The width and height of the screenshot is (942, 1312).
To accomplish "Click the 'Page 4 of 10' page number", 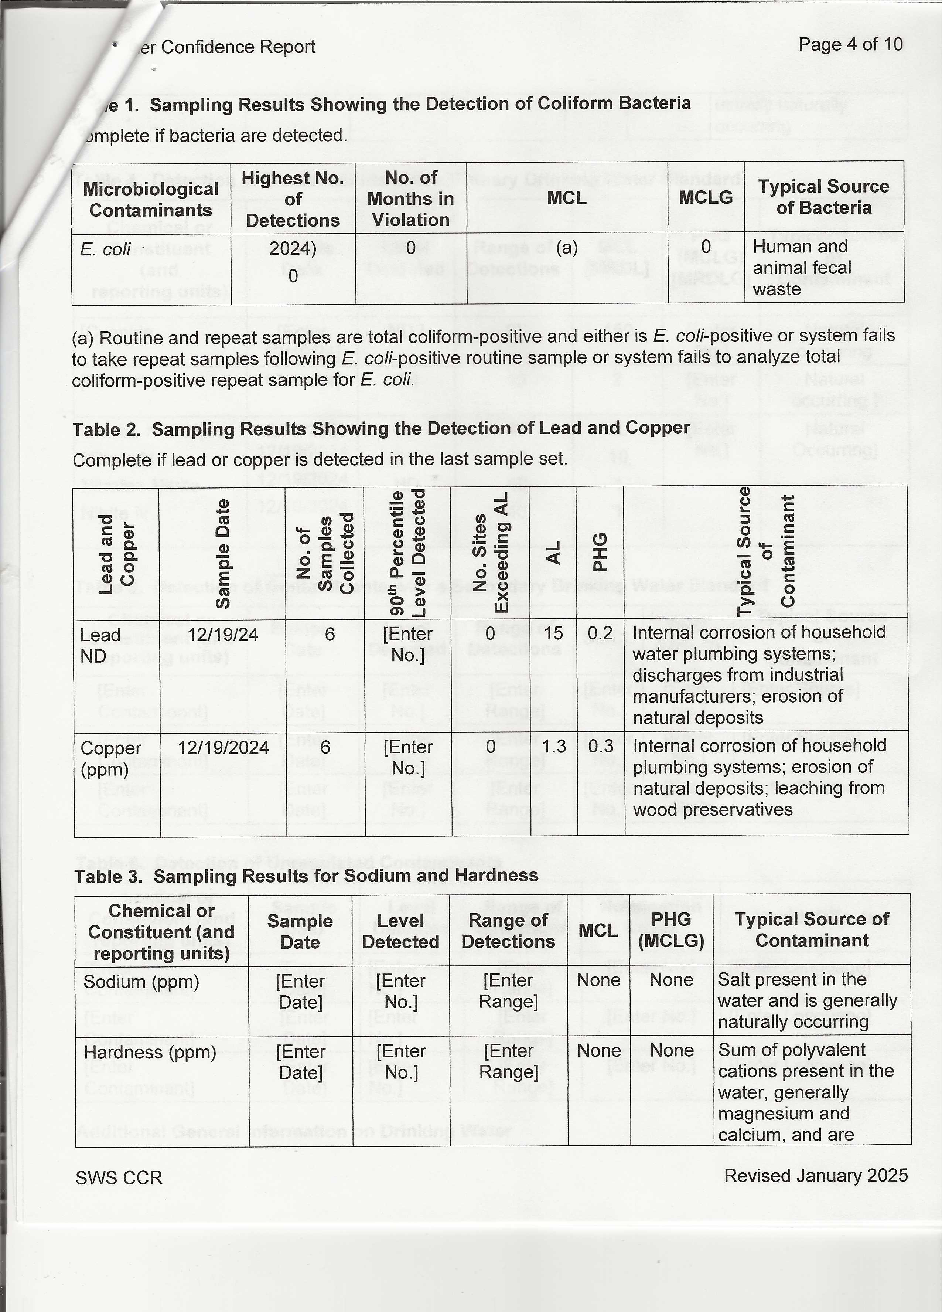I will point(850,45).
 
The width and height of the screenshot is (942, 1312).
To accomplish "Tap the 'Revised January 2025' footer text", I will point(815,1176).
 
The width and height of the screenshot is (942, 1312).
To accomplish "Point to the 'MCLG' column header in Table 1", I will point(706,197).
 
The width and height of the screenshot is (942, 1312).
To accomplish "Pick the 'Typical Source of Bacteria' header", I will point(823,197).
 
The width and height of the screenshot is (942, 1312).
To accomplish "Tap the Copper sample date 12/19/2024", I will point(223,747).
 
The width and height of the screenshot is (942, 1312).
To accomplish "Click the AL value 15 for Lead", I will point(553,633).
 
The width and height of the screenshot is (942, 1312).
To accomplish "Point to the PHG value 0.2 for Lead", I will point(600,633).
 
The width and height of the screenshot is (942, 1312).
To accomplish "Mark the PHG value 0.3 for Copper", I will point(600,747).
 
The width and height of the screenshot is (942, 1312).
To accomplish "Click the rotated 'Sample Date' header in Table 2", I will point(223,554).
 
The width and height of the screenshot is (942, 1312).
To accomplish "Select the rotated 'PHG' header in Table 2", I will point(600,553).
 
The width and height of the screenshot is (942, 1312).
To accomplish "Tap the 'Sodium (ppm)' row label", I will point(141,982).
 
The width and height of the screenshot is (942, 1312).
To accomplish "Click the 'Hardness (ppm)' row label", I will point(150,1052).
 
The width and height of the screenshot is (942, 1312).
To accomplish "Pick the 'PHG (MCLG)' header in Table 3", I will point(671,930).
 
